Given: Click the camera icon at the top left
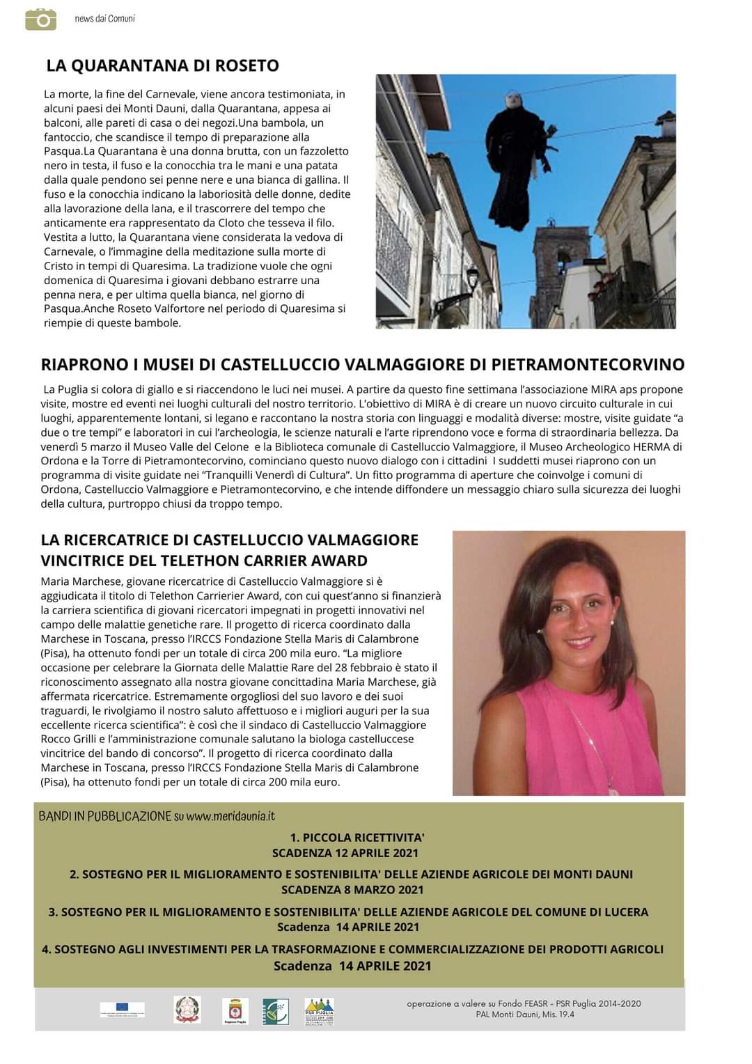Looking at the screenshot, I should click(41, 19).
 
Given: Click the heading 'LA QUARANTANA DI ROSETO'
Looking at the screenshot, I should click(162, 65).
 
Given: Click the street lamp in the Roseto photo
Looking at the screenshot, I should click(473, 279).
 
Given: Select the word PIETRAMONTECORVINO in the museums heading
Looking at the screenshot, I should click(588, 364).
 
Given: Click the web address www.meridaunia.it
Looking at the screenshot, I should click(230, 815).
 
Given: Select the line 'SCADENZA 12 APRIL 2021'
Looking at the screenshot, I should click(345, 853).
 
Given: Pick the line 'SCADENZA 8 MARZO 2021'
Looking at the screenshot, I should click(352, 889).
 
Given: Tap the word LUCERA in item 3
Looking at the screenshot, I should click(621, 912).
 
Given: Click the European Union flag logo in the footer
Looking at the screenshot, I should click(122, 1009).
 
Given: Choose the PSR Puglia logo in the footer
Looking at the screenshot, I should click(320, 1011).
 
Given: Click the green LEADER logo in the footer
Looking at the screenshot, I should click(275, 1011).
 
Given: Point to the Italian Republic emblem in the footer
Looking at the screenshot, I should click(187, 1010).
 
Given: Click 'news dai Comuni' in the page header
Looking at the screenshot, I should click(104, 19).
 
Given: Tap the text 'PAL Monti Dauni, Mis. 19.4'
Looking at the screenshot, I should click(524, 1014).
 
